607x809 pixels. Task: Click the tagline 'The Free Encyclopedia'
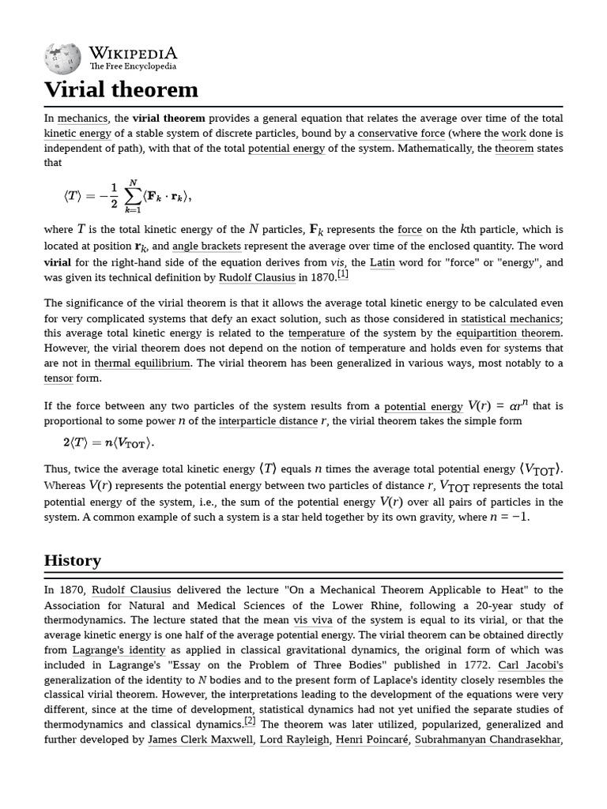[133, 67]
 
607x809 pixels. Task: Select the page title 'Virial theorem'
[121, 89]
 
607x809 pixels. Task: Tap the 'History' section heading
[73, 560]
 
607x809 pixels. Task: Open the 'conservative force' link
[402, 134]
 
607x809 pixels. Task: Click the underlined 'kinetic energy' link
[77, 134]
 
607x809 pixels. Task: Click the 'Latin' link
[383, 262]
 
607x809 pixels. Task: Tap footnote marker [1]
[342, 274]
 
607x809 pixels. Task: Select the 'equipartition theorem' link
[508, 333]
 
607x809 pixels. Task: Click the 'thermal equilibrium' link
[142, 363]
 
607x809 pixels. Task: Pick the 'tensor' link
[58, 378]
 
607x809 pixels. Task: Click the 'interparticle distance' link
[268, 421]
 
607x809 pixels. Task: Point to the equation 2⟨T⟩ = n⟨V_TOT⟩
[109, 442]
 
